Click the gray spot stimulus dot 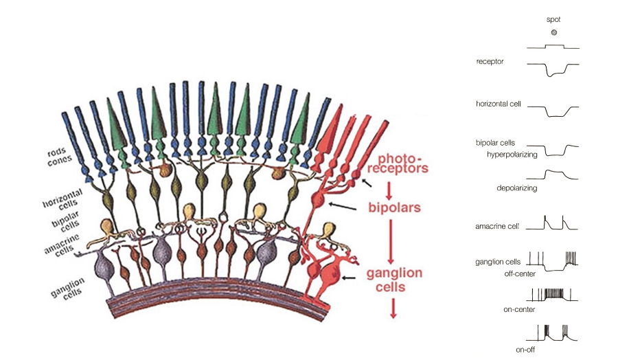point(553,32)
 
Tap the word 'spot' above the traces point(553,20)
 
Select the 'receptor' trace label point(490,62)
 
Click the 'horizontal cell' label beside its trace point(498,104)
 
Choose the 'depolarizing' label point(516,187)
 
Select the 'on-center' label point(519,309)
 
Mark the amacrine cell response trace point(553,223)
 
